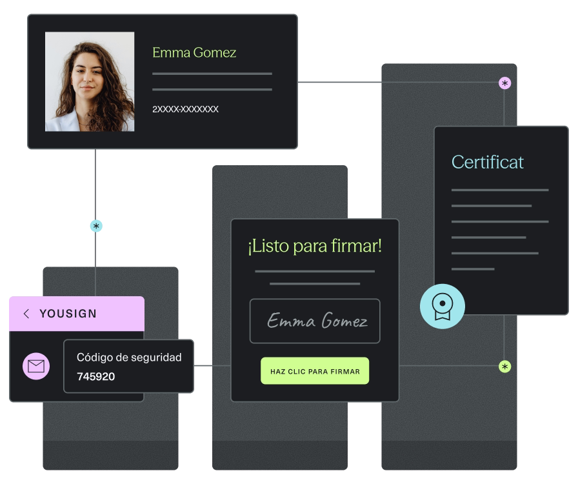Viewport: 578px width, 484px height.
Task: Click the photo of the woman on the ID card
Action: tap(90, 81)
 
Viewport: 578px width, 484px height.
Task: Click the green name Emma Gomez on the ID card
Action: tap(194, 53)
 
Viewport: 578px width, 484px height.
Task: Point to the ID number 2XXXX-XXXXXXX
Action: tap(185, 109)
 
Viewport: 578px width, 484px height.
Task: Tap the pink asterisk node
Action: tap(504, 83)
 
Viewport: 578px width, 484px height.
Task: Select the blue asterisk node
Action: tap(96, 226)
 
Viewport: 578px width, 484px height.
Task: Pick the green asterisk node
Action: tap(504, 367)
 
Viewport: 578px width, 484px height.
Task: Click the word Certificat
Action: tap(487, 162)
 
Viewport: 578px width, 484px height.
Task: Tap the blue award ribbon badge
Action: tap(442, 306)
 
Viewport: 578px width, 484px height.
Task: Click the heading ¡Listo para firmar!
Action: tap(315, 246)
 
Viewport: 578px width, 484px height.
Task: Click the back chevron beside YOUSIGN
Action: tap(26, 314)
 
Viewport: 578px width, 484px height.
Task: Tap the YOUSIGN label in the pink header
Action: tap(68, 314)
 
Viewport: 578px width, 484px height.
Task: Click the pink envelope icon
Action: tap(36, 367)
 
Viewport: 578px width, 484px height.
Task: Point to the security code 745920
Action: tap(95, 376)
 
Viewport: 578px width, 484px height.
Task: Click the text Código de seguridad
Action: tap(129, 357)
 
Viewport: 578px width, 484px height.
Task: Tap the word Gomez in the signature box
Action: tap(344, 321)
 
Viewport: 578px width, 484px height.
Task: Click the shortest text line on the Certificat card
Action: tap(473, 269)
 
